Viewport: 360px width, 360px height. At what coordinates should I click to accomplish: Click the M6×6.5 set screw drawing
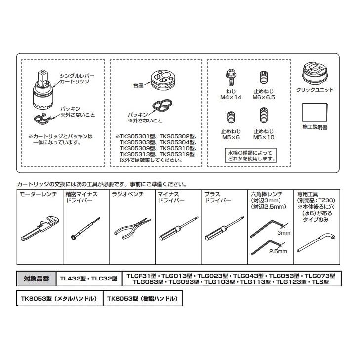[x=263, y=78]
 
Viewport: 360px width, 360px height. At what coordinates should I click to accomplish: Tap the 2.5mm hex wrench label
[x=279, y=251]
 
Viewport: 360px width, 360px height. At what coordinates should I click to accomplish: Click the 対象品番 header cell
[x=37, y=279]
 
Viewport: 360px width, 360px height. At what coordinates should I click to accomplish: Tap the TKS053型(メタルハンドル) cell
[x=59, y=299]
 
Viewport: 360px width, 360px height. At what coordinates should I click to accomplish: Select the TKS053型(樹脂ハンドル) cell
[x=142, y=299]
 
